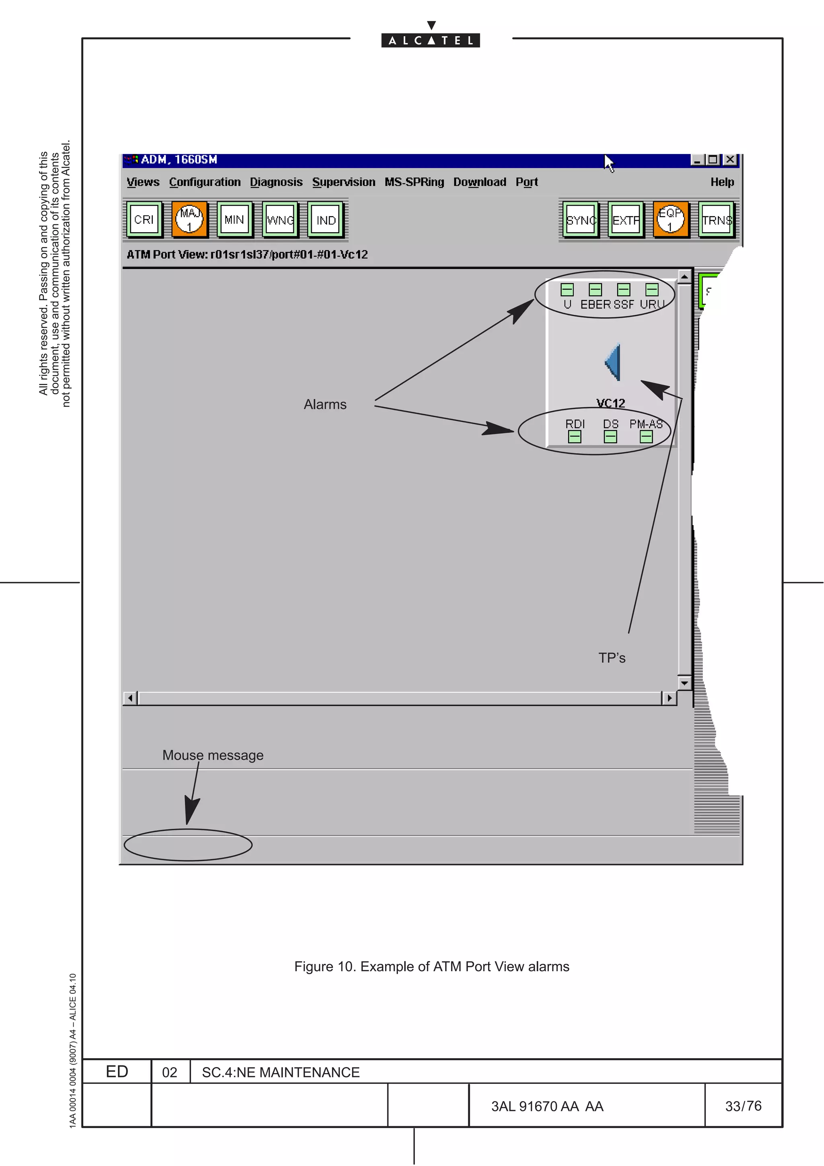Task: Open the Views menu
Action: tap(143, 182)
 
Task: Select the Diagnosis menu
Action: tap(276, 182)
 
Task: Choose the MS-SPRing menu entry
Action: tap(414, 182)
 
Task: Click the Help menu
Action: tap(721, 182)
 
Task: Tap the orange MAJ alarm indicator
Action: tap(190, 219)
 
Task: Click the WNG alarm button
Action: tap(280, 219)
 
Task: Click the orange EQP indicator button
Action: tap(670, 219)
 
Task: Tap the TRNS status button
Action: tap(716, 219)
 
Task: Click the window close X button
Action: tap(729, 159)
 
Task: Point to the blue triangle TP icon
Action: tap(613, 362)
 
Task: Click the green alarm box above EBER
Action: tap(595, 289)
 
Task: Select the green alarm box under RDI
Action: tap(574, 436)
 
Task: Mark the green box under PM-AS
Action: tap(646, 436)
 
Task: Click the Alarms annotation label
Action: tap(325, 404)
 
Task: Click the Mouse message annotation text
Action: tap(213, 755)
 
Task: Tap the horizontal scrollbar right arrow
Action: tap(669, 698)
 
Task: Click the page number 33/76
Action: tap(743, 1106)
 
